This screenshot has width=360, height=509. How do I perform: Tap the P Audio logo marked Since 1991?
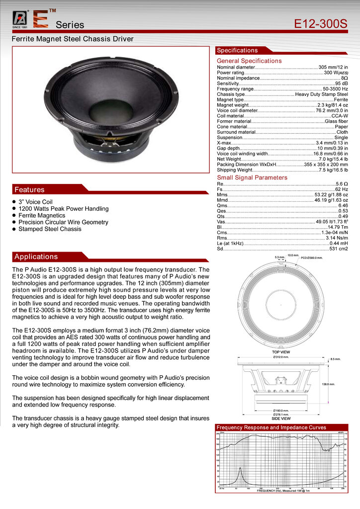(20, 18)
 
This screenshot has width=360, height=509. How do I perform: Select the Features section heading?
(30, 189)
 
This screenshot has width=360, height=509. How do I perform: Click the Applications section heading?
(36, 256)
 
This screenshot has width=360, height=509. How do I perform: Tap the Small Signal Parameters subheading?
(252, 177)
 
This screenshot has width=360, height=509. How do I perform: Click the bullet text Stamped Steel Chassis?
(50, 229)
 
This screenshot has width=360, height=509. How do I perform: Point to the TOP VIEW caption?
(281, 351)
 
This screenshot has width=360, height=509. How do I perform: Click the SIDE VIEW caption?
(281, 419)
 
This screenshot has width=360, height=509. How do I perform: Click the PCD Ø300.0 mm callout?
(312, 258)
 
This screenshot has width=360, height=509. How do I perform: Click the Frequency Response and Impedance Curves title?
(271, 427)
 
